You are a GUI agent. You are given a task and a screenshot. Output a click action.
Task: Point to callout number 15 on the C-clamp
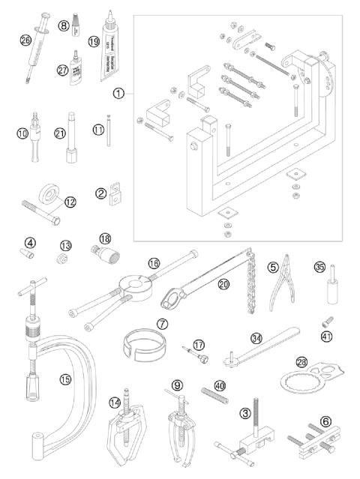65,379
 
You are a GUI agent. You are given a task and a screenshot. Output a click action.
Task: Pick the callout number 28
301,361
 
